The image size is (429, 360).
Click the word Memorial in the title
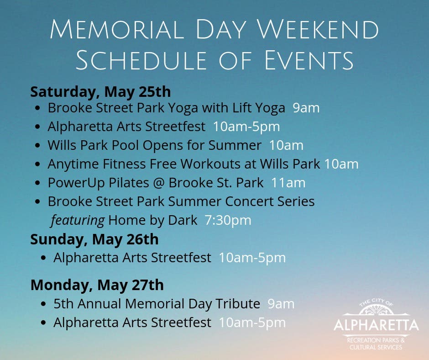tap(116, 29)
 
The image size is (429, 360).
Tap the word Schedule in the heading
tap(141, 60)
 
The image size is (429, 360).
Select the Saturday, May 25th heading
tap(100, 92)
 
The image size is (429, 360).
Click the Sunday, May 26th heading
tap(94, 239)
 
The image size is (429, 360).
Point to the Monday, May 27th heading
tap(97, 285)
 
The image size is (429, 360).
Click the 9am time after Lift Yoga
tap(306, 108)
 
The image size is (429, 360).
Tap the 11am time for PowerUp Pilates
tap(288, 183)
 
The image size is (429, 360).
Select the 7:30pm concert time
tap(228, 220)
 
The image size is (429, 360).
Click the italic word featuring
tap(78, 221)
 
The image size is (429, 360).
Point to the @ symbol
tap(159, 183)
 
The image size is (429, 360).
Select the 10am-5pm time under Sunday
tap(252, 258)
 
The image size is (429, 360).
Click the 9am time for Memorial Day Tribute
tap(281, 304)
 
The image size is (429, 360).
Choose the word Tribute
tap(238, 303)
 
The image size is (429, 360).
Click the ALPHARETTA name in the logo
tap(376, 325)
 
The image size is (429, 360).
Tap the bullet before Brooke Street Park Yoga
tap(38, 108)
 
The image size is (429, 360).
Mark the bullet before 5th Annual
tap(43, 304)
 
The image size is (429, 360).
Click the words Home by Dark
tap(153, 220)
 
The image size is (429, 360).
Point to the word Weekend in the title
tap(318, 29)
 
